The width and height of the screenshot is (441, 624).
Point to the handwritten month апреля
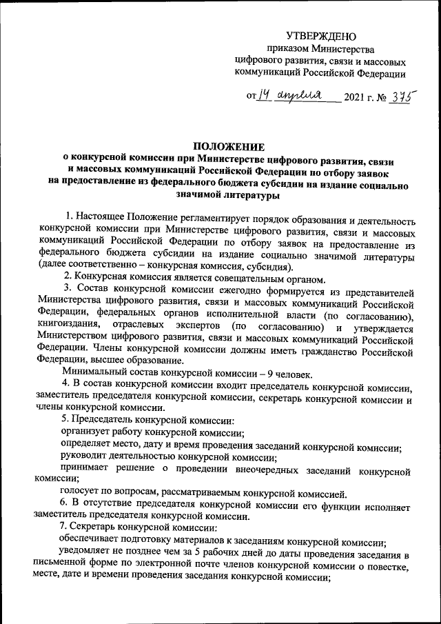pyautogui.click(x=303, y=97)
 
